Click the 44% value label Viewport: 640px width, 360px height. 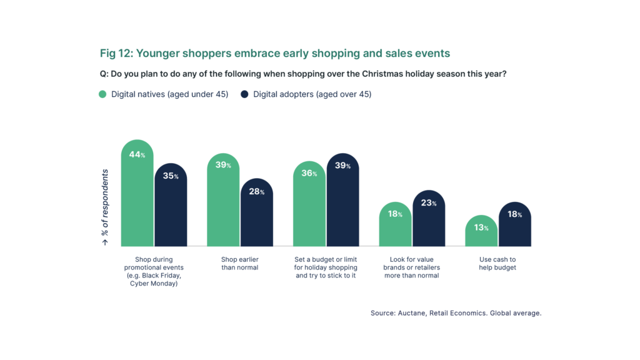[137, 154]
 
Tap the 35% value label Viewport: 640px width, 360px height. [171, 176]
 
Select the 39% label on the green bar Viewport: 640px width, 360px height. [223, 165]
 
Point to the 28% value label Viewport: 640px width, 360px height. [256, 192]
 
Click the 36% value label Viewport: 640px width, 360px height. [309, 173]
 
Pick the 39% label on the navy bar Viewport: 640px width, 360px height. [342, 166]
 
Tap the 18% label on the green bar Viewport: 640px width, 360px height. [395, 214]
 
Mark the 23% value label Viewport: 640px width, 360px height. [429, 203]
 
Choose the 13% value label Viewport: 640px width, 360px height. [481, 227]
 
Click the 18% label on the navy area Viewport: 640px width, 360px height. [514, 214]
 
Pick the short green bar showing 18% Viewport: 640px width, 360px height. [396, 231]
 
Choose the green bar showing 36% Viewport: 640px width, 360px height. [309, 212]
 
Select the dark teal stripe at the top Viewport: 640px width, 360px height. [320, 54]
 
